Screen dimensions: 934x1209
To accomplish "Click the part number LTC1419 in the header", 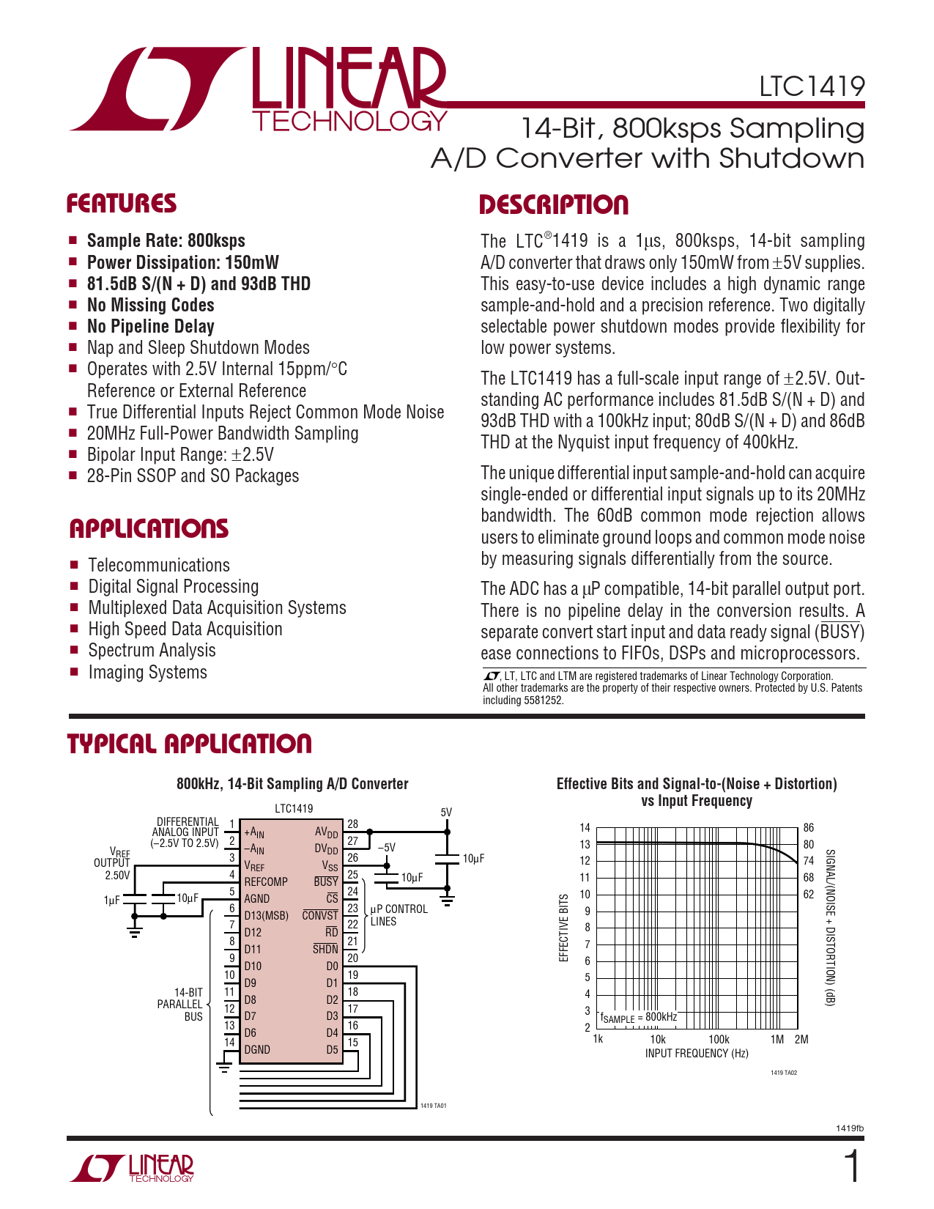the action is click(812, 86).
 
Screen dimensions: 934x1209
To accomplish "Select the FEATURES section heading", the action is click(122, 204).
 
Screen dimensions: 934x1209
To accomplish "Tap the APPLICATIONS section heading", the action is click(149, 528).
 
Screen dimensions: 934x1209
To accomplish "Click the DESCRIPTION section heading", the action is click(554, 204).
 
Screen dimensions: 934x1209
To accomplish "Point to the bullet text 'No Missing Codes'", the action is click(150, 305).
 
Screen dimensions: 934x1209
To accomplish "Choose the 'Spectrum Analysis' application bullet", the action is click(152, 651).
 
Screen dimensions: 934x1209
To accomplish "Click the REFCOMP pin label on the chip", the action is click(266, 882).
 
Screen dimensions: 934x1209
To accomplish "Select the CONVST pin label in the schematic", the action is click(320, 915).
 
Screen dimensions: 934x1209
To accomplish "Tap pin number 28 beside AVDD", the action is click(352, 824).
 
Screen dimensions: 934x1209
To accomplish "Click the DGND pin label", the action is click(257, 1049).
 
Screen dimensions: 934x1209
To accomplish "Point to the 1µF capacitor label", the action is click(112, 901).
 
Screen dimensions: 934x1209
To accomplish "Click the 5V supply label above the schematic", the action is click(446, 813).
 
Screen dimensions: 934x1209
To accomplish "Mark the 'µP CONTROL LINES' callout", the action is click(399, 914).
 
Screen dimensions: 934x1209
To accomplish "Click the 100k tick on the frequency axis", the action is click(719, 1039).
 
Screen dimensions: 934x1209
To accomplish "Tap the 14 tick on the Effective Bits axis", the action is click(585, 827).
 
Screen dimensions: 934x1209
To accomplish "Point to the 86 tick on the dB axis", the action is click(808, 827).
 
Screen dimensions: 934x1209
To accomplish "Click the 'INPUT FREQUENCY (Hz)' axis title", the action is click(697, 1053).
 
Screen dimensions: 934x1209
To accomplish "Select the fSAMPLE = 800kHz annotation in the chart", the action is click(639, 1018).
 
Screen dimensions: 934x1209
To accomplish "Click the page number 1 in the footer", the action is click(852, 1167).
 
